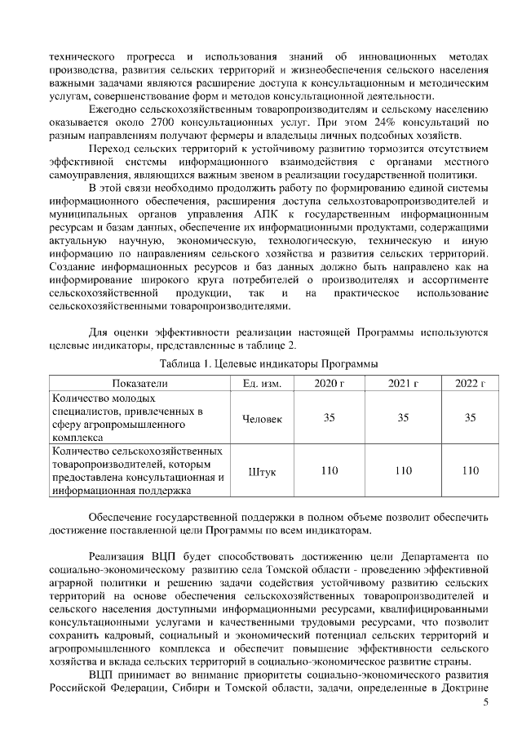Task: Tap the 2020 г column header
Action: click(330, 383)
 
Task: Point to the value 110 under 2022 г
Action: click(470, 470)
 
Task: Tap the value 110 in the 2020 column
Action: click(330, 470)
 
